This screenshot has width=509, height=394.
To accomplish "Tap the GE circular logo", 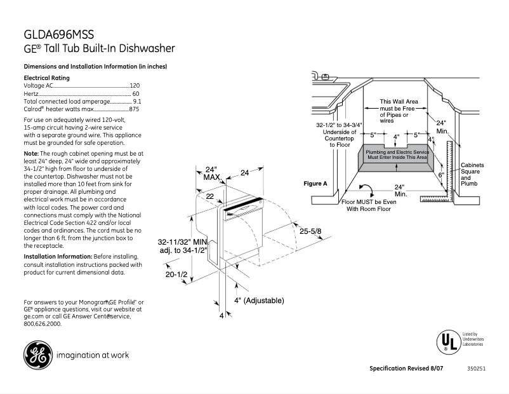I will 37,355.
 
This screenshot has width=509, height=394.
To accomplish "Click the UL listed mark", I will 447,341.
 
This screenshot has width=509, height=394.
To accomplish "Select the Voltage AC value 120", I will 135,85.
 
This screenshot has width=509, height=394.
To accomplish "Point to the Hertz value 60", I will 136,93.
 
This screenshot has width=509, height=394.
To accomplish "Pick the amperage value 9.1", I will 136,102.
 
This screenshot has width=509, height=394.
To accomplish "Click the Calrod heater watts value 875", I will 134,109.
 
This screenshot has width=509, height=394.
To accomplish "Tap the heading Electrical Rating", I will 46,78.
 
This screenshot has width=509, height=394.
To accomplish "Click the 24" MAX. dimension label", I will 211,173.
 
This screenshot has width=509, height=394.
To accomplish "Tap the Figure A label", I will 315,184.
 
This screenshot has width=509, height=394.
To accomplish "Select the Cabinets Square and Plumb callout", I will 471,174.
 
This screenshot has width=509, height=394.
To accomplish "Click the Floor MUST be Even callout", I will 371,205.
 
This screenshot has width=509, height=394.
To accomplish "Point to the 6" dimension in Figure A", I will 440,174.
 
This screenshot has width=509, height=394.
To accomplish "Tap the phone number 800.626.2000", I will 43,323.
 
